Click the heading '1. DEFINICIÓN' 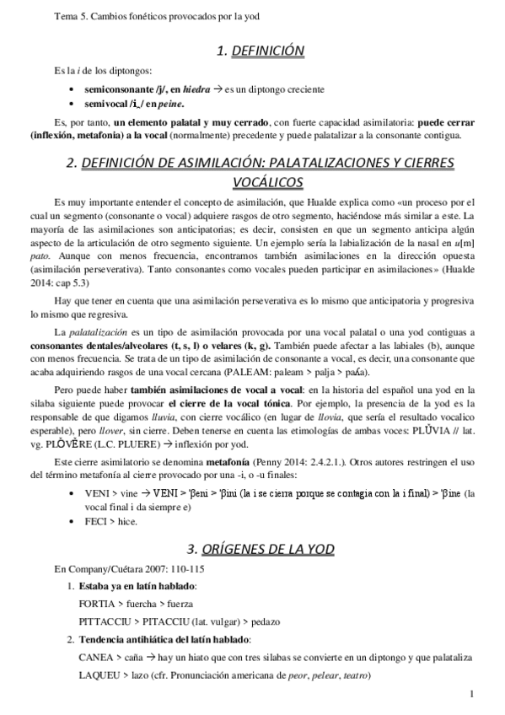[259, 52]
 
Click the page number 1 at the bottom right [473, 694]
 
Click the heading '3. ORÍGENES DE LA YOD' [260, 549]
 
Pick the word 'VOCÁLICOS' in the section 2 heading [260, 181]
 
